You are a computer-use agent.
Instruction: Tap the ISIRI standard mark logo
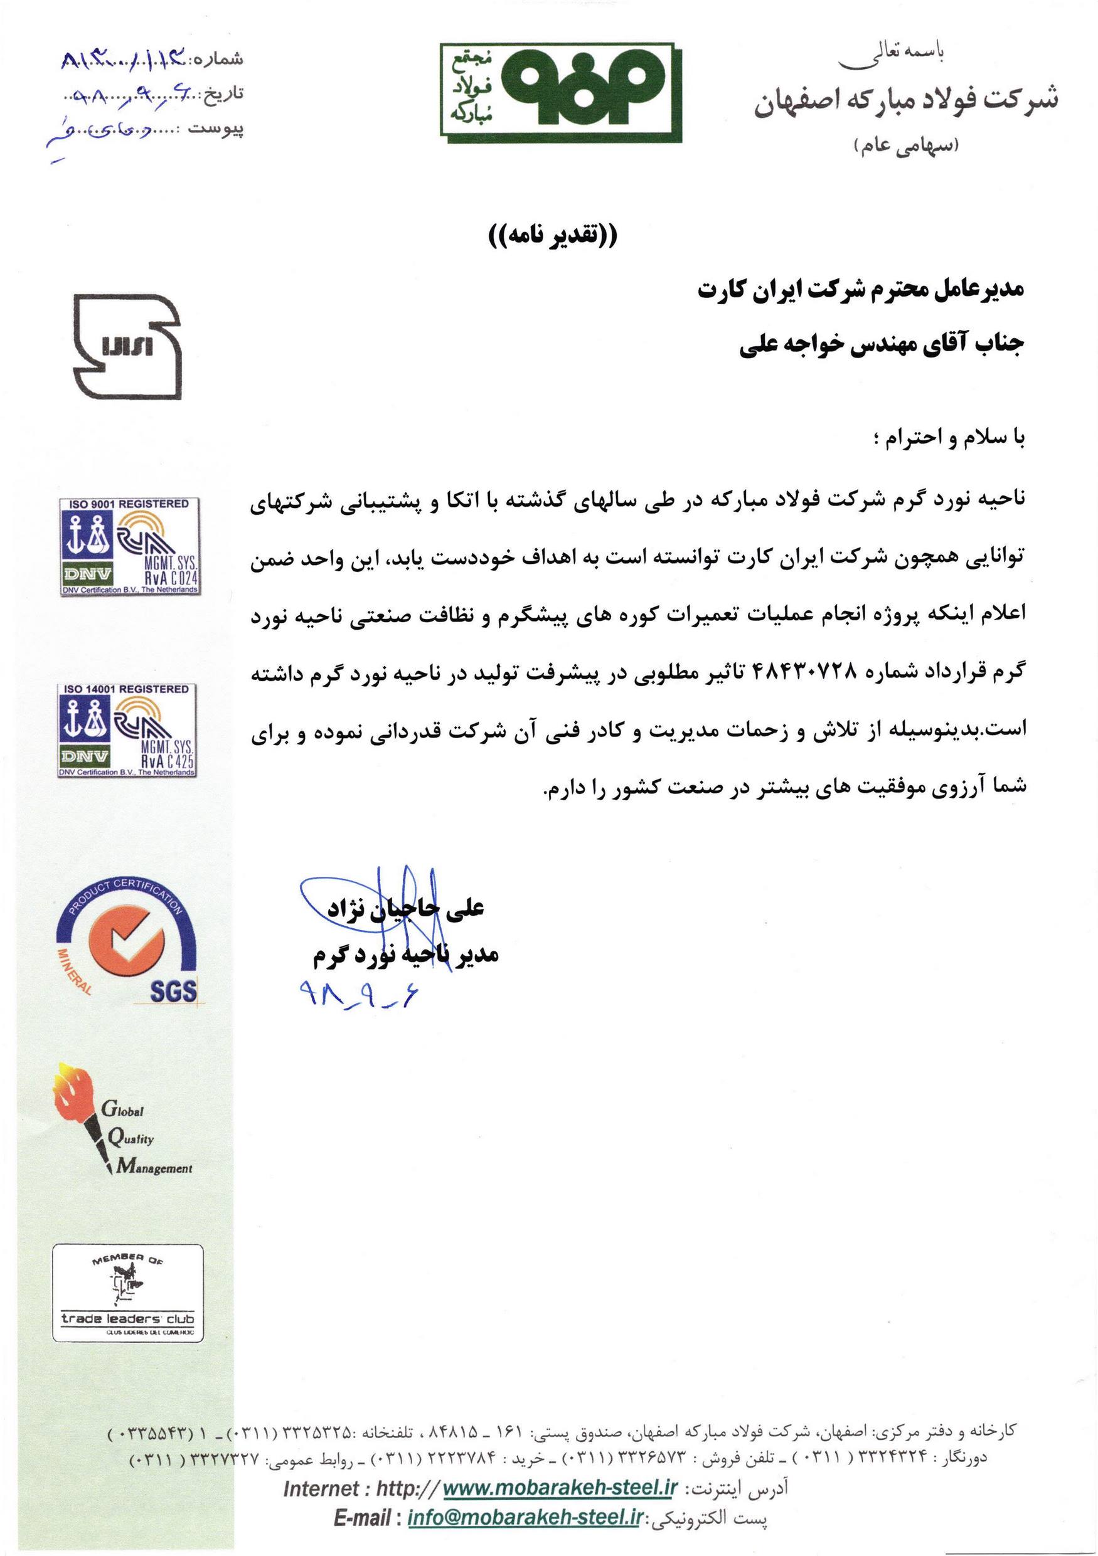click(127, 346)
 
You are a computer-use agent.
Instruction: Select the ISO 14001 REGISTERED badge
click(127, 731)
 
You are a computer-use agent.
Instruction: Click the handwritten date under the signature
click(358, 994)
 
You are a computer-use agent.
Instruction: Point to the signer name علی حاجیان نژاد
click(405, 909)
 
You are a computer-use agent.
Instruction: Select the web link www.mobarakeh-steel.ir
click(560, 1507)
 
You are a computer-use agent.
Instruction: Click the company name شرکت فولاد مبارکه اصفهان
click(905, 102)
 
